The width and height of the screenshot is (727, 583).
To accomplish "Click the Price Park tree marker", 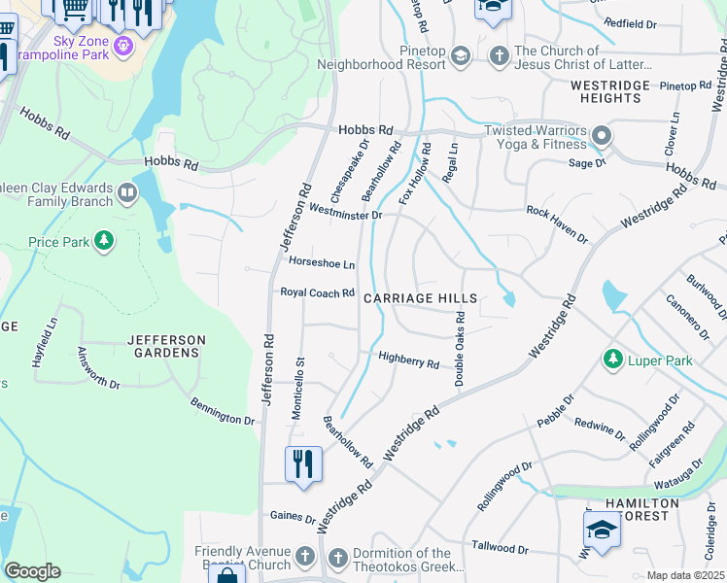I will point(104,241).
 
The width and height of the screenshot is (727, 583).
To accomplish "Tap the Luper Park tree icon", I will point(612,360).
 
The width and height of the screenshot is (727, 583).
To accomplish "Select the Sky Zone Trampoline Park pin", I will point(123,46).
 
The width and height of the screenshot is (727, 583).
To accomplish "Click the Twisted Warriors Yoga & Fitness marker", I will point(602,137).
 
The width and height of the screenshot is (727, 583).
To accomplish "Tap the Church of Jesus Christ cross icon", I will point(500,56).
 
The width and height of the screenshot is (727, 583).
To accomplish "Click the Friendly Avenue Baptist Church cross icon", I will point(305,558).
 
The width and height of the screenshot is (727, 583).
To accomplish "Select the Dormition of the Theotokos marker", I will point(337,558).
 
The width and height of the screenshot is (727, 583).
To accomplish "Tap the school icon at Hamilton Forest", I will point(601,531).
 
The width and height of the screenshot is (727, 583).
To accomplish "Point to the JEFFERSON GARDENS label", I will point(166,346).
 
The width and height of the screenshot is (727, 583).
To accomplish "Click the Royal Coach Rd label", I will point(317,291).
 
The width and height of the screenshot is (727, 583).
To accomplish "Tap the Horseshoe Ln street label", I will point(321,263).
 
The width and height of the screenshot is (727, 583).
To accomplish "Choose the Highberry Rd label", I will point(408,360).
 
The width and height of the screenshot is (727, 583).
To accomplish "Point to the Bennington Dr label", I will point(222,411).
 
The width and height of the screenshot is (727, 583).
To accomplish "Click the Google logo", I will point(32,570).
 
